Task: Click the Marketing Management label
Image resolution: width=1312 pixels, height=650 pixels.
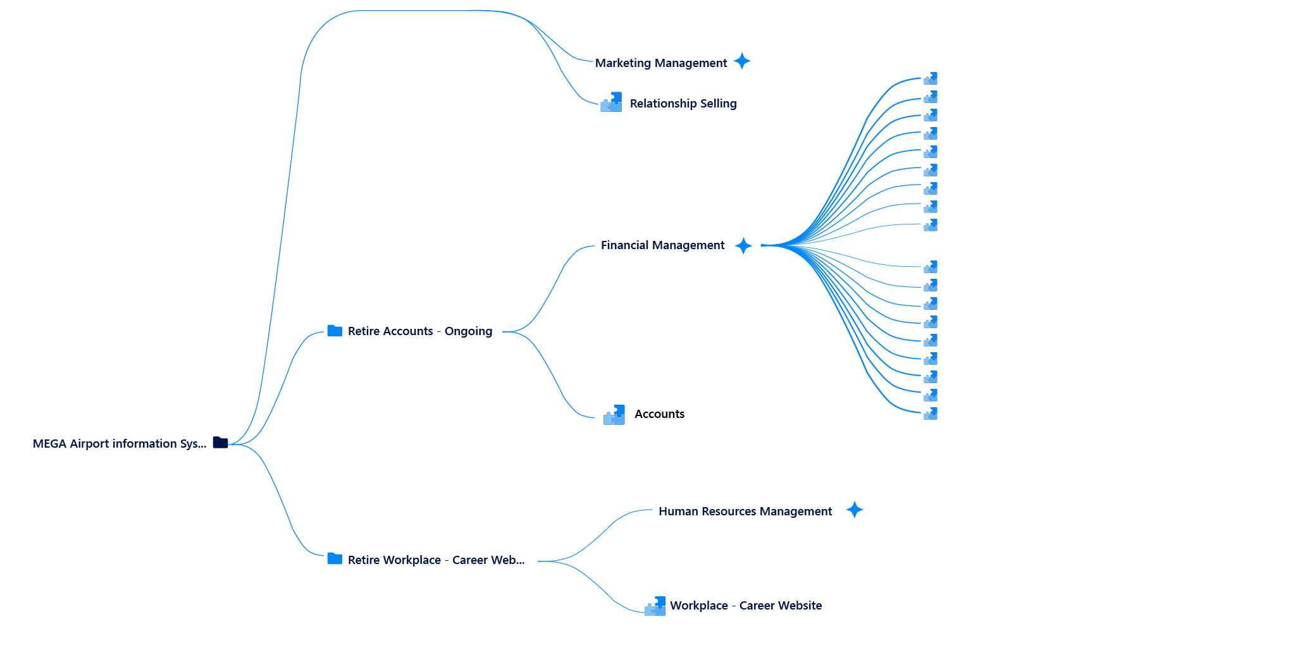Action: tap(660, 63)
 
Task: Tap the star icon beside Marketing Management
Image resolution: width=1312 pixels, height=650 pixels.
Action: tap(742, 61)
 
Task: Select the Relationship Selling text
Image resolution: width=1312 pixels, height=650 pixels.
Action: tap(683, 103)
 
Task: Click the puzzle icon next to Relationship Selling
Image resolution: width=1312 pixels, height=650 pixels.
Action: tap(611, 102)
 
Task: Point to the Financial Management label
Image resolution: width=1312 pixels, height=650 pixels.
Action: tap(662, 245)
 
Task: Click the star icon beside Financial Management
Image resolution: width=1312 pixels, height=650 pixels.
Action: tap(744, 245)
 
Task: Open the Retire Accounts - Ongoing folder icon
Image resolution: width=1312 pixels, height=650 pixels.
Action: tap(335, 331)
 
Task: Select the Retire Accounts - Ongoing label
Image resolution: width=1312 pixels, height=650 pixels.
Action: tap(419, 331)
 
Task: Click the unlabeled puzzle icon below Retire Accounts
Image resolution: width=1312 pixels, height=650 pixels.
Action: tap(614, 415)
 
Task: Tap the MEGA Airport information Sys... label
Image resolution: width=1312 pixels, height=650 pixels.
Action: tap(120, 443)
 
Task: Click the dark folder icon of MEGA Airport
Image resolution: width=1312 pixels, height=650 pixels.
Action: tap(220, 443)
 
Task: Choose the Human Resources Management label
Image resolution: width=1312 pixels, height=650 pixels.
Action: tap(745, 511)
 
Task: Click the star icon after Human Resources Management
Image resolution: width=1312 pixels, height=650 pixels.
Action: tap(855, 510)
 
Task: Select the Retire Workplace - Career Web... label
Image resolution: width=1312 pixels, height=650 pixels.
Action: tap(436, 560)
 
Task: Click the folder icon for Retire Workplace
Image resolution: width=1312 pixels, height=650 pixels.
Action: tap(335, 559)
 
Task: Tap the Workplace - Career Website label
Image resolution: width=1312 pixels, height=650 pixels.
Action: tap(746, 605)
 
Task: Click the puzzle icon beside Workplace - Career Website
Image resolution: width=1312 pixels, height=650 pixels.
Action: tap(655, 606)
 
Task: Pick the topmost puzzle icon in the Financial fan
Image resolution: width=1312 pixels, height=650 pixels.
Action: tap(931, 79)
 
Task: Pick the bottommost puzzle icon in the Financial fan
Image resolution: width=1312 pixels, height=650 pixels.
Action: tap(931, 414)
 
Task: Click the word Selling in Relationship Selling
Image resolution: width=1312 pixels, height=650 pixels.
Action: tap(718, 103)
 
